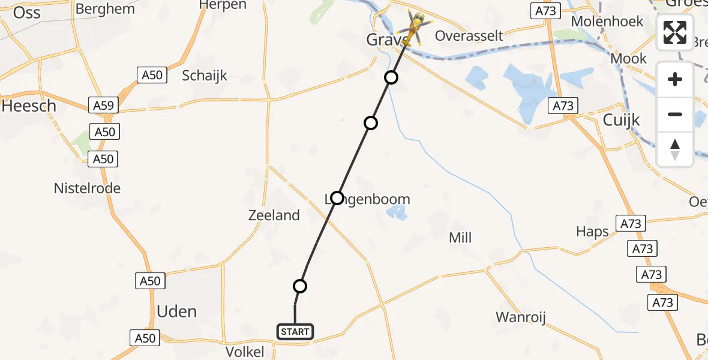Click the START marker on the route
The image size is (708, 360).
[x=295, y=331]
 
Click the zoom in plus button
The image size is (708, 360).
[x=675, y=79]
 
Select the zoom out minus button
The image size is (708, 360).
[x=675, y=114]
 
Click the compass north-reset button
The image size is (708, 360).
[x=675, y=149]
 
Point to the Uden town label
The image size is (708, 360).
[x=176, y=311]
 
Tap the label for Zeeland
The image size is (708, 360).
[x=274, y=215]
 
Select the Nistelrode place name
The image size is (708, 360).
[x=87, y=188]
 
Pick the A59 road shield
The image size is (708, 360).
[x=104, y=106]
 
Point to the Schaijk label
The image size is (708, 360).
[x=205, y=76]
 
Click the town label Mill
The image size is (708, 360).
[x=460, y=238]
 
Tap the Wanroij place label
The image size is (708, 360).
[x=520, y=317]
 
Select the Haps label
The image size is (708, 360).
[x=592, y=232]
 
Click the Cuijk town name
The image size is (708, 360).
[x=621, y=120]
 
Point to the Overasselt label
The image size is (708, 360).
[x=469, y=35]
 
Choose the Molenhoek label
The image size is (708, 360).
[x=607, y=22]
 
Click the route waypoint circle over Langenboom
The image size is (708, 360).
[x=337, y=197]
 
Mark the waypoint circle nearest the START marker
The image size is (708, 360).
[x=300, y=286]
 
